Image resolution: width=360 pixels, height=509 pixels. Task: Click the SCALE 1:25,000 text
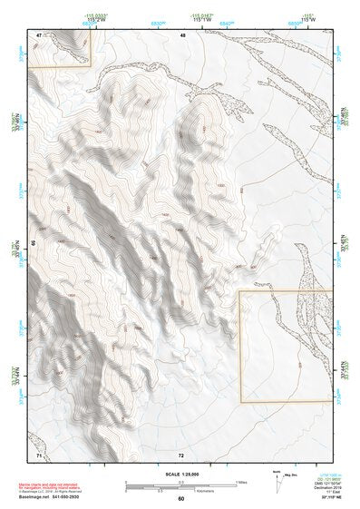click(x=180, y=472)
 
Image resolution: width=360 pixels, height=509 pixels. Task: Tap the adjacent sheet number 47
click(x=39, y=34)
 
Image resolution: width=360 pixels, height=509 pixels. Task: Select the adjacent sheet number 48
click(x=181, y=34)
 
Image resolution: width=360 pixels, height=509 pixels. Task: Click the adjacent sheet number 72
click(x=181, y=454)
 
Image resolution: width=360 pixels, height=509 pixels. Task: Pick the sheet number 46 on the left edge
click(x=34, y=243)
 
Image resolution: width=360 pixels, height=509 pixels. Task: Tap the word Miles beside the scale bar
click(x=243, y=481)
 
